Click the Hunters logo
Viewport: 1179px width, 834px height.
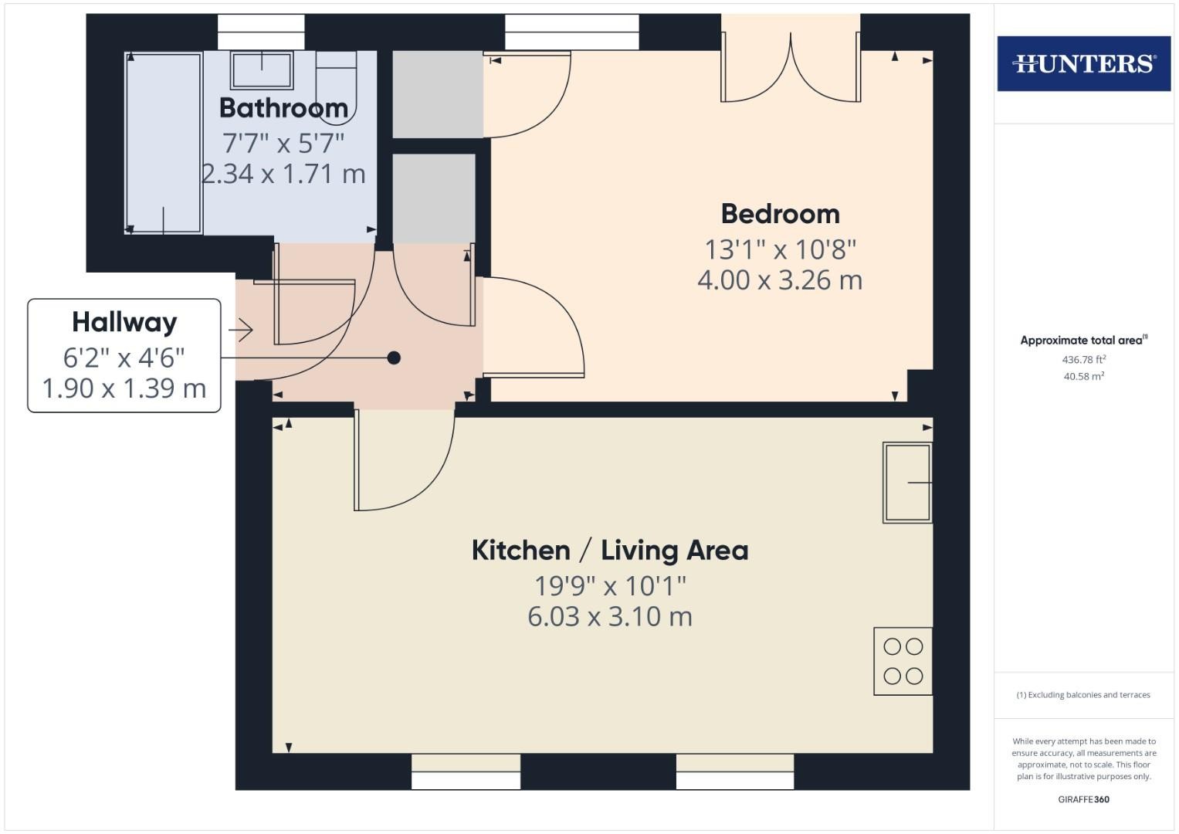[1084, 63]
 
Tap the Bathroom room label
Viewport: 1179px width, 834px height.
[283, 108]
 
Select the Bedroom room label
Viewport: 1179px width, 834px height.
[780, 214]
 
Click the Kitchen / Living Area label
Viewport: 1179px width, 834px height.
[609, 550]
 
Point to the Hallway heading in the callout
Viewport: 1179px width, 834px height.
[124, 322]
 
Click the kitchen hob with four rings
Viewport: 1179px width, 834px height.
[903, 661]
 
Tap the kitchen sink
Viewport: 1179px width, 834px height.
[907, 483]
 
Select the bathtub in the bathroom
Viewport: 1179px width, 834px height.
[164, 143]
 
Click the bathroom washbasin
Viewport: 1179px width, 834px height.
[262, 70]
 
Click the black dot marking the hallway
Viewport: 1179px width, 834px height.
[394, 358]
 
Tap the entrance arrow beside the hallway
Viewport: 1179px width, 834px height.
[241, 331]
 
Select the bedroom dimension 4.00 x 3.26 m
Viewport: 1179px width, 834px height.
[780, 280]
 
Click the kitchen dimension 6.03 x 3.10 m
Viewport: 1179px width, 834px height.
[609, 616]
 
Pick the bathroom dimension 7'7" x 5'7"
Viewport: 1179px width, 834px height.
[283, 143]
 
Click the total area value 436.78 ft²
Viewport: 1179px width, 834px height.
[1084, 360]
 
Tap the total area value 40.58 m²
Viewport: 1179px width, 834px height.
[1084, 377]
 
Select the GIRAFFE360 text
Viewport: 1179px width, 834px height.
[1084, 799]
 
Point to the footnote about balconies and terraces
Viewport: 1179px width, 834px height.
[1083, 695]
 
